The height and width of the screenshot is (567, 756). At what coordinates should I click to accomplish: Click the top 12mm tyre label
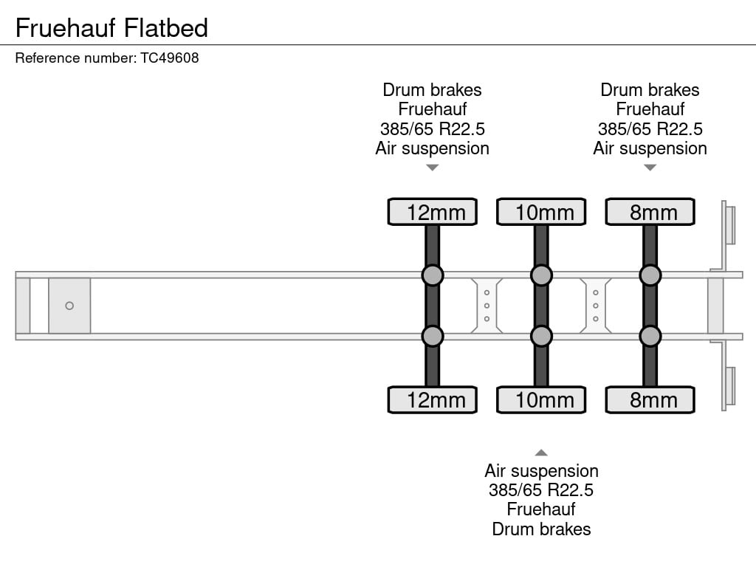coord(433,212)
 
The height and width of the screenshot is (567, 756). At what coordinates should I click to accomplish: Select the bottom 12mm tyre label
coord(433,400)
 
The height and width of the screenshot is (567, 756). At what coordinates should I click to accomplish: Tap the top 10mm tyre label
coord(541,212)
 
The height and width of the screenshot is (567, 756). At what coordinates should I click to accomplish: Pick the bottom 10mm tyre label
coord(541,400)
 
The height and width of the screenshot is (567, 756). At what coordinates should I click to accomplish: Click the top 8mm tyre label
coord(650,212)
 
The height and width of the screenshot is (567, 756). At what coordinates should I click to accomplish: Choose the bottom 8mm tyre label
coord(650,400)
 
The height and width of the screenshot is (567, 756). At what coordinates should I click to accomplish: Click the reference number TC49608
coord(170,58)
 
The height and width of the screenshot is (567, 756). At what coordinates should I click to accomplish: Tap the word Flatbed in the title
coord(166,28)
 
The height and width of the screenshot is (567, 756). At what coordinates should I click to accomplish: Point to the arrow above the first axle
coord(433,168)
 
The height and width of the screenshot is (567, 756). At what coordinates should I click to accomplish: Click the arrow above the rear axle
coord(650,168)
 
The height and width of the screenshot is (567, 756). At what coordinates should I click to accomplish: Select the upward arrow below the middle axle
coord(541,453)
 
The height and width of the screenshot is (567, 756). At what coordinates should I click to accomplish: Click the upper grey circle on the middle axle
coord(541,275)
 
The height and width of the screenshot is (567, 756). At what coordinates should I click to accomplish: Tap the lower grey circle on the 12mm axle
coord(433,337)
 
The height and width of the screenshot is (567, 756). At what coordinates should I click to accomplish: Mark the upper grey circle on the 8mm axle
coord(650,275)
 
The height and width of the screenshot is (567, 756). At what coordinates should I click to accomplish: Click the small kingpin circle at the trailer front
coord(69,306)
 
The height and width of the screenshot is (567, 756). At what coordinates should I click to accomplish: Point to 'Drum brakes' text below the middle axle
coord(541,529)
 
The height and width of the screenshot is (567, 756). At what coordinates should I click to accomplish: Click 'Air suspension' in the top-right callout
coord(650,148)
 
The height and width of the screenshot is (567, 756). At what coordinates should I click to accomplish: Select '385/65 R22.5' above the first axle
coord(433,129)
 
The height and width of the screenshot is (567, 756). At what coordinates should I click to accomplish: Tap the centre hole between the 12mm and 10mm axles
coord(487,306)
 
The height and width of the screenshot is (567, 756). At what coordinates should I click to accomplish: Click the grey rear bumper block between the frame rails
coord(715,306)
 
